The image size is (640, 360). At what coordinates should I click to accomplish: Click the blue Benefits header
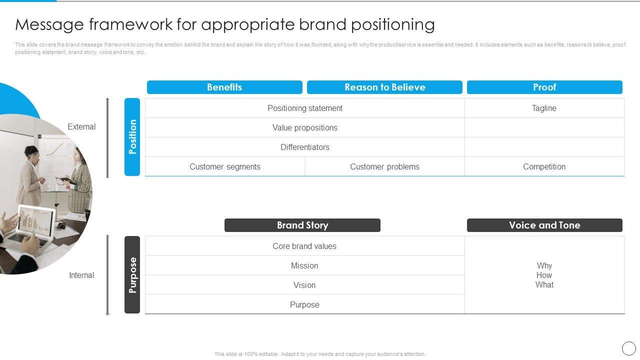click(224, 87)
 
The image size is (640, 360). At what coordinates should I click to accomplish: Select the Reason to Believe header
click(384, 87)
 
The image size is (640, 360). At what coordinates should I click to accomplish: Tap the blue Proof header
click(544, 87)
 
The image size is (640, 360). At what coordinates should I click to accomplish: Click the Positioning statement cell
click(305, 108)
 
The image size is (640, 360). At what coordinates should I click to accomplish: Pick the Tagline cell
click(544, 108)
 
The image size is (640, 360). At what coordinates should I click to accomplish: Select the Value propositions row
click(305, 127)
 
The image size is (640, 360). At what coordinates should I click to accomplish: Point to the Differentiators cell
click(305, 147)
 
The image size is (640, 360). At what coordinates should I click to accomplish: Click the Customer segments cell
click(225, 166)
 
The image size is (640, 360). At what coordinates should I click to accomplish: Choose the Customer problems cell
click(384, 166)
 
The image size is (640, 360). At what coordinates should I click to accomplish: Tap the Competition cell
click(544, 166)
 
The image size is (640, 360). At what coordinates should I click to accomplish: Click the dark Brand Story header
click(302, 225)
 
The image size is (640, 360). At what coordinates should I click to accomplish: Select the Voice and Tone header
click(544, 225)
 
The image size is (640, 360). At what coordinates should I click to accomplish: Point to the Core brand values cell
click(304, 246)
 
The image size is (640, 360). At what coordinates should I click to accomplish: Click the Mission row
click(304, 265)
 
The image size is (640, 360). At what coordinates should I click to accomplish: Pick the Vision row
click(304, 285)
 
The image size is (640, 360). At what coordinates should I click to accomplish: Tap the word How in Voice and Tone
click(544, 275)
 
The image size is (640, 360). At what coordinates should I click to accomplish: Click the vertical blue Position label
click(132, 137)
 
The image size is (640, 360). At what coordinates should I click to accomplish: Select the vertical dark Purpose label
click(132, 274)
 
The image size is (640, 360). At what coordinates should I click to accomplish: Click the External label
click(81, 127)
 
